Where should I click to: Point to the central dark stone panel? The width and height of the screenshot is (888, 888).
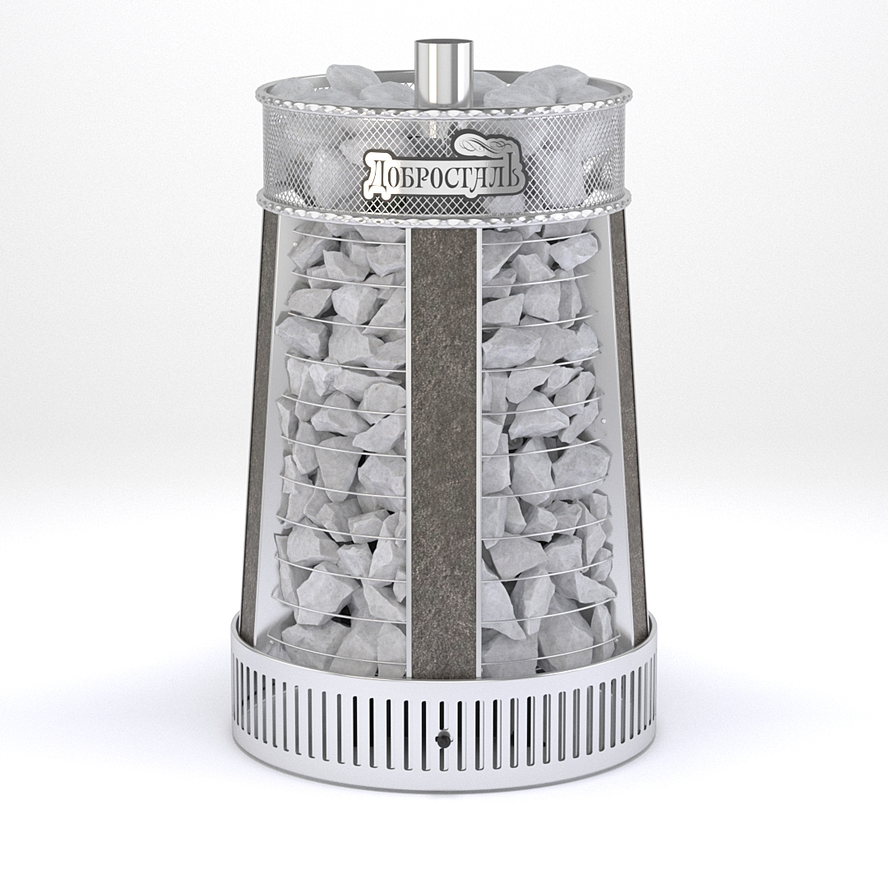(444, 453)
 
